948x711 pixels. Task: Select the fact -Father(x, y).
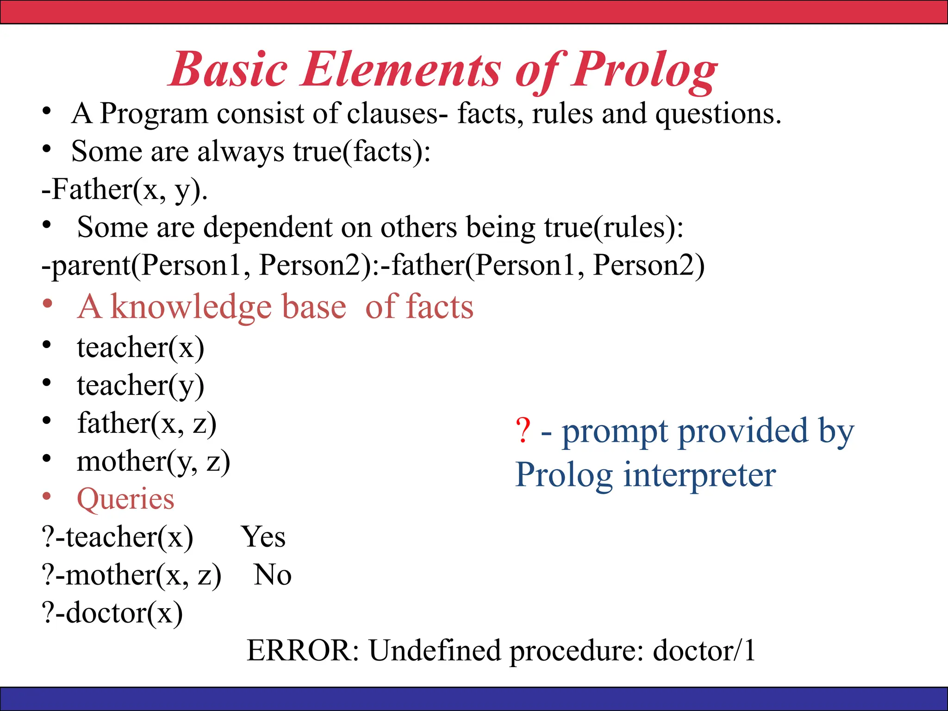pos(124,190)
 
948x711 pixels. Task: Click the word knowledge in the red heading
pos(191,307)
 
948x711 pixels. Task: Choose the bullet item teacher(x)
pos(140,348)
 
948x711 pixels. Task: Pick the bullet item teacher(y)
pos(140,386)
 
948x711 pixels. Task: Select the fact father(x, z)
pos(146,424)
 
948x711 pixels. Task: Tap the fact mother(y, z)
pos(153,462)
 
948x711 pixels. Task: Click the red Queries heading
pos(125,499)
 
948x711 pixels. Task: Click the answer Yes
pos(263,537)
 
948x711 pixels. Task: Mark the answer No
pos(272,575)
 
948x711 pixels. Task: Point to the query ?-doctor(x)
pos(112,613)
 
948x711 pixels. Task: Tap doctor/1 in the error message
pos(704,651)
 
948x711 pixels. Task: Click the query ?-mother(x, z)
pos(131,575)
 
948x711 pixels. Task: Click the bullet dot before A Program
pos(46,112)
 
